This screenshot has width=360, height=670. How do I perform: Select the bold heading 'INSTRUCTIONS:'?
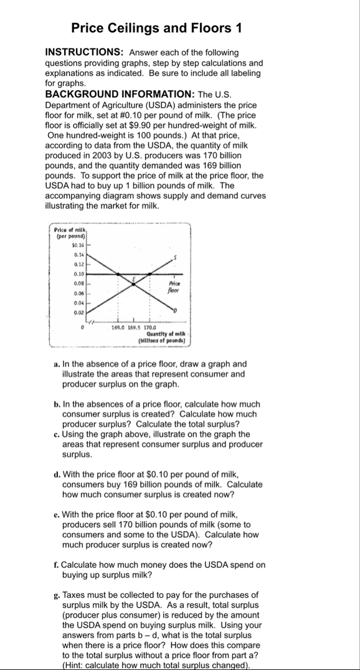[x=79, y=53]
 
